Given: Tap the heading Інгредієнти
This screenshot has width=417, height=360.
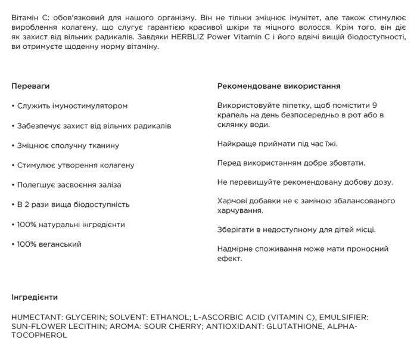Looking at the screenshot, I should click(35, 296).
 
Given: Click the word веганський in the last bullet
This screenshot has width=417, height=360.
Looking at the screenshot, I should click(61, 244).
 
